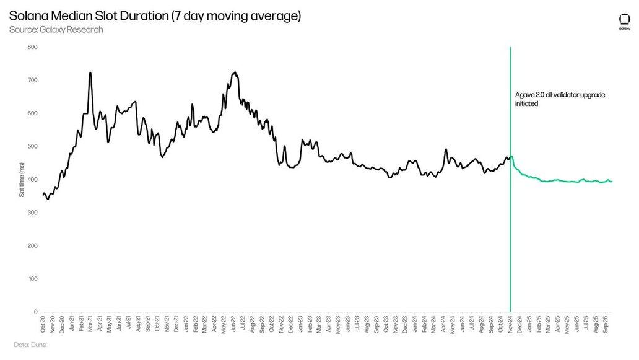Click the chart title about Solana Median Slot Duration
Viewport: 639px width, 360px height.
click(x=155, y=15)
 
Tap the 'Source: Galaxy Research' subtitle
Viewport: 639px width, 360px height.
click(x=56, y=30)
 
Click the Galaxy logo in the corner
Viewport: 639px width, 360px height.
click(x=625, y=22)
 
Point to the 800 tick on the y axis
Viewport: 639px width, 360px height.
click(x=33, y=47)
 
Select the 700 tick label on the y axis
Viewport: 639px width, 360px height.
click(x=33, y=81)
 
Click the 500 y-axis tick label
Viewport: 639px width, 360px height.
click(x=33, y=147)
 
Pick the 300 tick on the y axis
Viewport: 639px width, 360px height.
click(x=33, y=213)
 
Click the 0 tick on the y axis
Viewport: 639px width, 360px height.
click(x=36, y=312)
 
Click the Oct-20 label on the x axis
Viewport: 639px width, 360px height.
click(x=43, y=323)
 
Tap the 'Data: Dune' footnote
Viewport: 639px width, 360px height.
click(x=30, y=345)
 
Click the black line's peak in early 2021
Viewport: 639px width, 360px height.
click(x=90, y=73)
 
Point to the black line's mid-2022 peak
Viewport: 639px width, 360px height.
click(x=234, y=72)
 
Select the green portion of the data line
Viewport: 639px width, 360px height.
click(x=557, y=181)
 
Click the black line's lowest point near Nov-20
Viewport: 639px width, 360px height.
click(x=48, y=199)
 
